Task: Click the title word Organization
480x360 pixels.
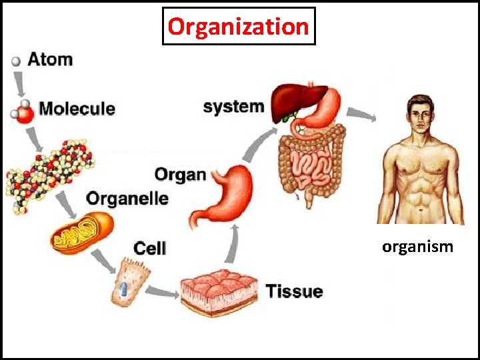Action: coord(239,27)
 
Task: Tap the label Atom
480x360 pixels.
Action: coord(50,59)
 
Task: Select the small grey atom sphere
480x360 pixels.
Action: coord(16,61)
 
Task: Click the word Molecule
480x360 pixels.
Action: coord(77,108)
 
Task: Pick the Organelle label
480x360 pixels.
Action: coord(127,198)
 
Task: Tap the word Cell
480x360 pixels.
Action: coord(150,249)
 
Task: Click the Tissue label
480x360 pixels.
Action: coord(294,291)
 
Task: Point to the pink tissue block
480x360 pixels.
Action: coord(219,291)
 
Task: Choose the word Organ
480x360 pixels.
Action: coord(180,175)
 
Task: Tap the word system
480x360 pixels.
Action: coord(233,107)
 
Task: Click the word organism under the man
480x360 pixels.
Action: coord(417,247)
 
